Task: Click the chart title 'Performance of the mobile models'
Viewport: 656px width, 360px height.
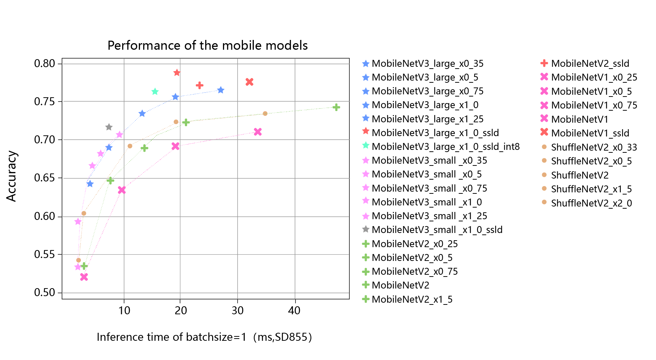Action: point(207,45)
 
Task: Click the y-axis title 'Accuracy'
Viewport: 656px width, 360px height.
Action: point(12,176)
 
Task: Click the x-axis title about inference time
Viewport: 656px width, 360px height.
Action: point(204,337)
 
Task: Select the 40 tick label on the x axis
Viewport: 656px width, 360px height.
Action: point(294,311)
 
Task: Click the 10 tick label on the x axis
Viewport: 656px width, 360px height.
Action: point(124,311)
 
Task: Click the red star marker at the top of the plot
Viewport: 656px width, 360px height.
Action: point(177,73)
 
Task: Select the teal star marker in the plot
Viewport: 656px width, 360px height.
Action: point(155,91)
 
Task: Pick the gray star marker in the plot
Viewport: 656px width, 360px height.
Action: point(109,127)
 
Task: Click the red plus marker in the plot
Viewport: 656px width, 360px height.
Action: point(199,85)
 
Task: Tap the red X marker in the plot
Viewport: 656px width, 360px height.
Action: point(249,82)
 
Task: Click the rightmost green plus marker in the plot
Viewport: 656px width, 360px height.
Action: point(336,107)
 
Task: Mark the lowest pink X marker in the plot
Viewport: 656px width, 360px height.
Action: point(84,277)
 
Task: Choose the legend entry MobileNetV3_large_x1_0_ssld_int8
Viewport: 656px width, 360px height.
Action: point(441,147)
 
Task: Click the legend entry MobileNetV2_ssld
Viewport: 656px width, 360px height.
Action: point(585,64)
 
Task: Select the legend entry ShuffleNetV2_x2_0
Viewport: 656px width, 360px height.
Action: point(586,203)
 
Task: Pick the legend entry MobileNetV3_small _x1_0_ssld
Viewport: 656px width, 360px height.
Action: point(432,230)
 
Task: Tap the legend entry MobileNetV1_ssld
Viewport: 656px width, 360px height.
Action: point(585,133)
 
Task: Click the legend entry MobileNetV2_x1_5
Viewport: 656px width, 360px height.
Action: point(407,299)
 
